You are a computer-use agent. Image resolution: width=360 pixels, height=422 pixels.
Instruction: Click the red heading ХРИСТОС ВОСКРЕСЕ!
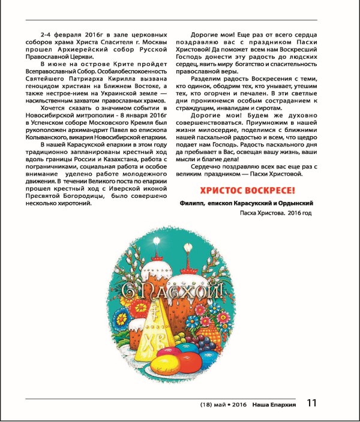coord(247,191)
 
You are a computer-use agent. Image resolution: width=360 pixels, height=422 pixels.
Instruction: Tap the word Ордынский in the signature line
coord(298,204)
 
